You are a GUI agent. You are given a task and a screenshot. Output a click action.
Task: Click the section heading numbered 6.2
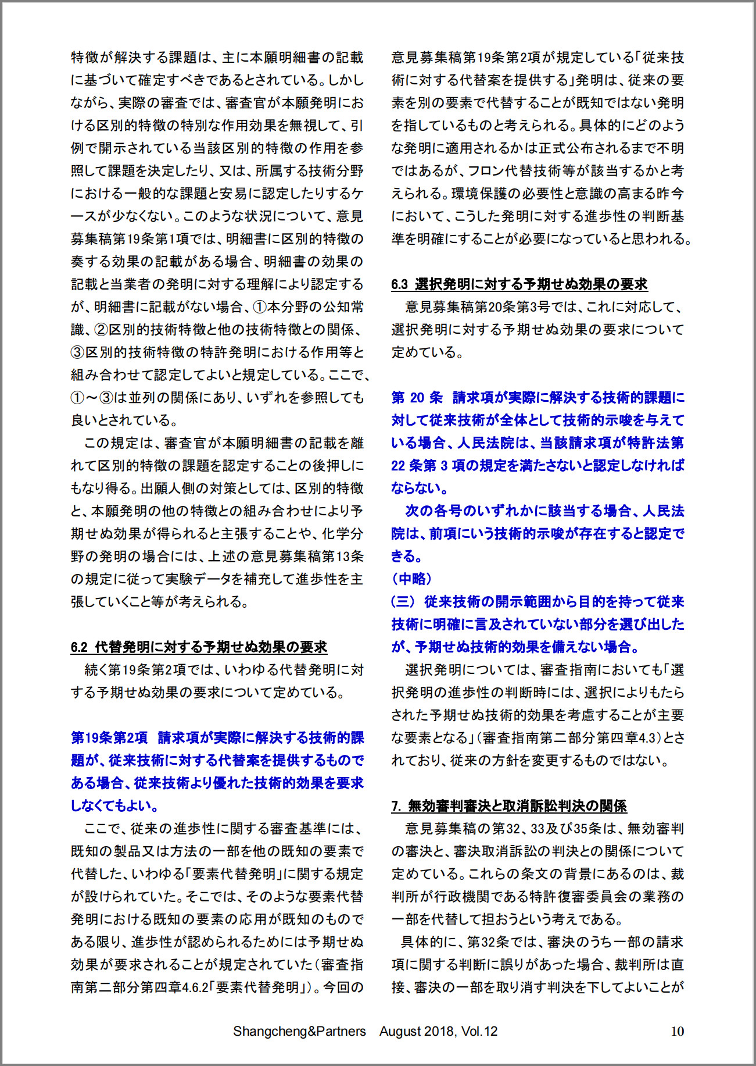tap(199, 647)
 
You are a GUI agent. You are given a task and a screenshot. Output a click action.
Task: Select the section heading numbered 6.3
tap(519, 284)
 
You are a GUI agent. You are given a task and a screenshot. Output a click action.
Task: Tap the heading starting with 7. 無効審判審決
tap(509, 805)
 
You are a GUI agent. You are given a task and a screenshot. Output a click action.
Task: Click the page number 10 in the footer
tap(677, 1032)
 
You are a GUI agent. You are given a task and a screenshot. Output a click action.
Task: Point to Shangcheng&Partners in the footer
tap(299, 1032)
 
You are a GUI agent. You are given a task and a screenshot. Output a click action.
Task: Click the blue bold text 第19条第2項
tap(109, 737)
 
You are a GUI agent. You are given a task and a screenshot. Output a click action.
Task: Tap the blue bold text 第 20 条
tap(417, 397)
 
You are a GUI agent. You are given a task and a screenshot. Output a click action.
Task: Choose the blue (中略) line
tap(412, 579)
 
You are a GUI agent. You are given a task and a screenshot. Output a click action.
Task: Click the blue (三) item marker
tap(403, 601)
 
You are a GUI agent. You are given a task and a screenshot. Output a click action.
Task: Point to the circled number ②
tap(101, 330)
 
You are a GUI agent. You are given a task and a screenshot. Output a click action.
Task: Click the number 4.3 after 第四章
tap(647, 738)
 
